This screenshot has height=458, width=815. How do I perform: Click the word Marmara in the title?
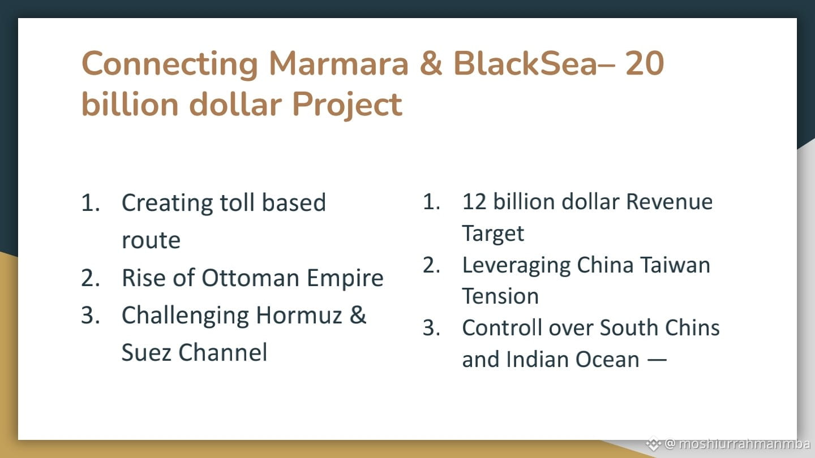[338, 63]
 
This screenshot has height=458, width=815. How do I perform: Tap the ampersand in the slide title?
[431, 63]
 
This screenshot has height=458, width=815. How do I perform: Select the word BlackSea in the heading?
[525, 63]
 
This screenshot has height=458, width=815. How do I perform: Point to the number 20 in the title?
[645, 63]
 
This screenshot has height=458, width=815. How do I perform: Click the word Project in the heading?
[347, 105]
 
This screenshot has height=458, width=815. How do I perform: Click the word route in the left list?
[151, 240]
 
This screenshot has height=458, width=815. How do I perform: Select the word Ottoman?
[250, 278]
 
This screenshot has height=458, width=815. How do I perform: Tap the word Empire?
[345, 278]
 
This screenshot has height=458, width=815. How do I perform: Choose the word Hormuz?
[299, 315]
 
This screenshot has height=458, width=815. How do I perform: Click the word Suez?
[146, 352]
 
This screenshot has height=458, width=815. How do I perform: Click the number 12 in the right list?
[474, 201]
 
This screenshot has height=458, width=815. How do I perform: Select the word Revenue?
[669, 201]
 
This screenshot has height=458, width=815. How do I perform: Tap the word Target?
[493, 234]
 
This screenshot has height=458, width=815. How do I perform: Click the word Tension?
[500, 296]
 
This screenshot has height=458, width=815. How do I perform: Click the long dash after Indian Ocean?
[657, 360]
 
